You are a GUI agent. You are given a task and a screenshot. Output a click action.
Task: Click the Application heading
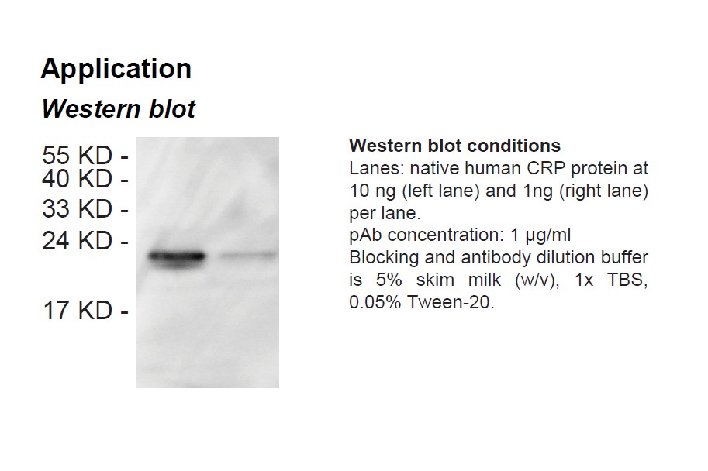pos(116,70)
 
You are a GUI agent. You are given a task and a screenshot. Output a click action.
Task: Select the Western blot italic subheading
pos(118,109)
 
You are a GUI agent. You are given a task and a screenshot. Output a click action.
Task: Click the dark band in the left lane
pos(176,256)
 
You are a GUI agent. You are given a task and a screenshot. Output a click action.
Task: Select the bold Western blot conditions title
pos(454,146)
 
